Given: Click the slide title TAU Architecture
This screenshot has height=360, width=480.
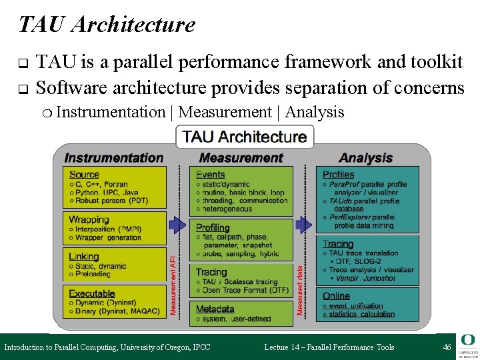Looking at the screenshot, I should click(107, 25).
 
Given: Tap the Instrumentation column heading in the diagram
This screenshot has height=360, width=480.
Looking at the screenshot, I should click(113, 158).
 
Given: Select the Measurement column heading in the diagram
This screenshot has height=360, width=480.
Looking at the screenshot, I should click(241, 158).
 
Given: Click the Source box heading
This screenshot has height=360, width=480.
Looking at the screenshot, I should click(84, 175).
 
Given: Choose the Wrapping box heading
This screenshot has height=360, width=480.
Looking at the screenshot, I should click(89, 219).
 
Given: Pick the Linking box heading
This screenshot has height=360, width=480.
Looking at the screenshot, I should click(84, 256).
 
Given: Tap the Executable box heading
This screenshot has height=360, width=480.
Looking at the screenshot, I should click(92, 293).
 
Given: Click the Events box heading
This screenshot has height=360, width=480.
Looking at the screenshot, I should click(210, 175).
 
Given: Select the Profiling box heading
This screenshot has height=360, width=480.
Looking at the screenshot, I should click(213, 228).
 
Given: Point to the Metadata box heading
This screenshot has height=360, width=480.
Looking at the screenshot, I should click(215, 309).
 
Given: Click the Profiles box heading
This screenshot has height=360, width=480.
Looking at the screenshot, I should click(338, 175).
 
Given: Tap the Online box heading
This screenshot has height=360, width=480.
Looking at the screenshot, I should click(336, 296).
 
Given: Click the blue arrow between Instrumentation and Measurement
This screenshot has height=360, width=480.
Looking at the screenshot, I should click(178, 225).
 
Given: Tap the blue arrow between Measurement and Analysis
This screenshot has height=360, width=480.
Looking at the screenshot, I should click(304, 225).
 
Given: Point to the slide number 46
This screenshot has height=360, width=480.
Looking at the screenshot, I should click(447, 347).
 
